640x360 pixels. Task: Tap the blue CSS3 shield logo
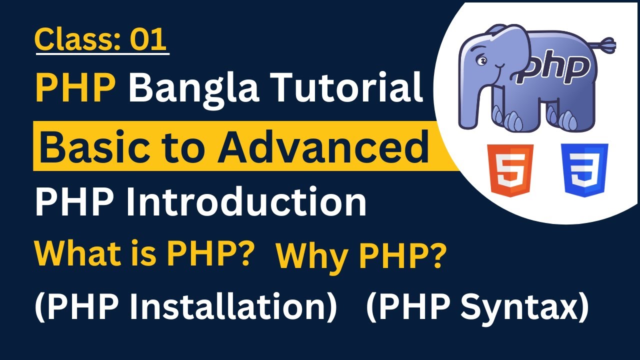(584, 170)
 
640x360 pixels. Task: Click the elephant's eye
(482, 61)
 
